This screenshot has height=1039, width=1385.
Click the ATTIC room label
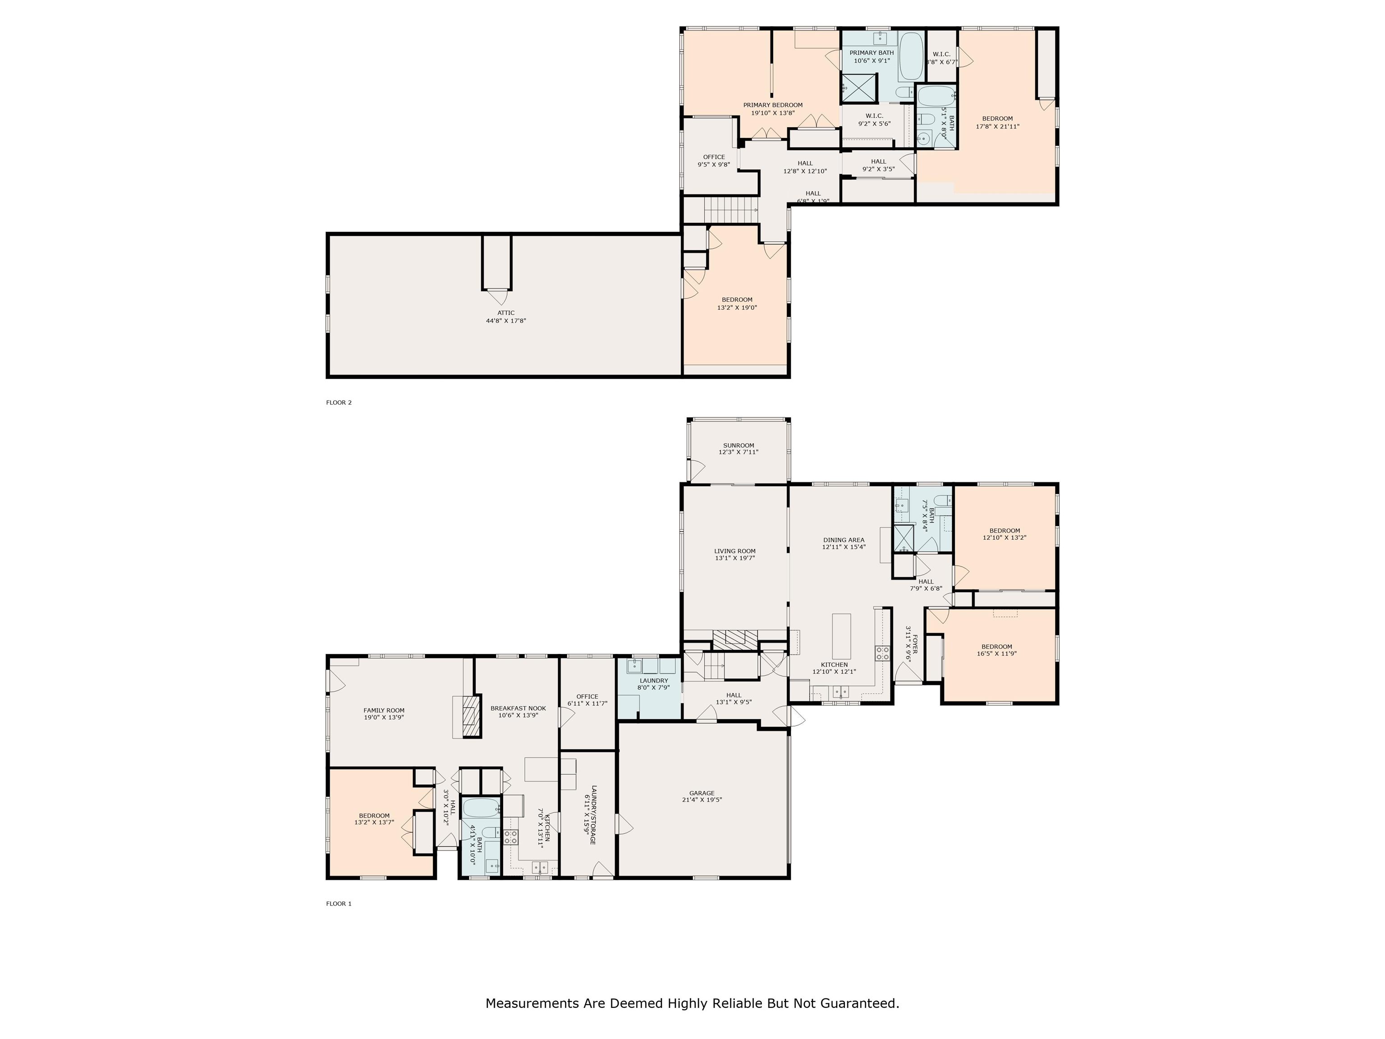(x=506, y=313)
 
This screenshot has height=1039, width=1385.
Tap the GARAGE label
(x=702, y=793)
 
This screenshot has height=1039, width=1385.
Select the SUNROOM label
(x=739, y=445)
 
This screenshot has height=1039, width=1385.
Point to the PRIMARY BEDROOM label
(x=773, y=105)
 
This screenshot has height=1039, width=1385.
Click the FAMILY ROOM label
(x=384, y=711)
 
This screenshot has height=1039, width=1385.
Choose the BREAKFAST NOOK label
(x=518, y=708)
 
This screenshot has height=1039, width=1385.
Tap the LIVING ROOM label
(x=735, y=551)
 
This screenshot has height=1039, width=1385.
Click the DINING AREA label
(x=844, y=540)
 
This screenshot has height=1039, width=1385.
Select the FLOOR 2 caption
(x=339, y=403)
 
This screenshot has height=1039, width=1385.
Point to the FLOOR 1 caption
(x=339, y=904)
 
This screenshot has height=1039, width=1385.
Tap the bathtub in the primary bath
(x=911, y=56)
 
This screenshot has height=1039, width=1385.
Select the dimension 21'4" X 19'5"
(x=702, y=800)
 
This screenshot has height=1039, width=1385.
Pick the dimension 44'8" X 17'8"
(x=506, y=321)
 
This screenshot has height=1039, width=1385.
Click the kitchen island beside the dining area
(x=842, y=633)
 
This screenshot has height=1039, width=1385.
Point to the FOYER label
(x=914, y=644)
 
